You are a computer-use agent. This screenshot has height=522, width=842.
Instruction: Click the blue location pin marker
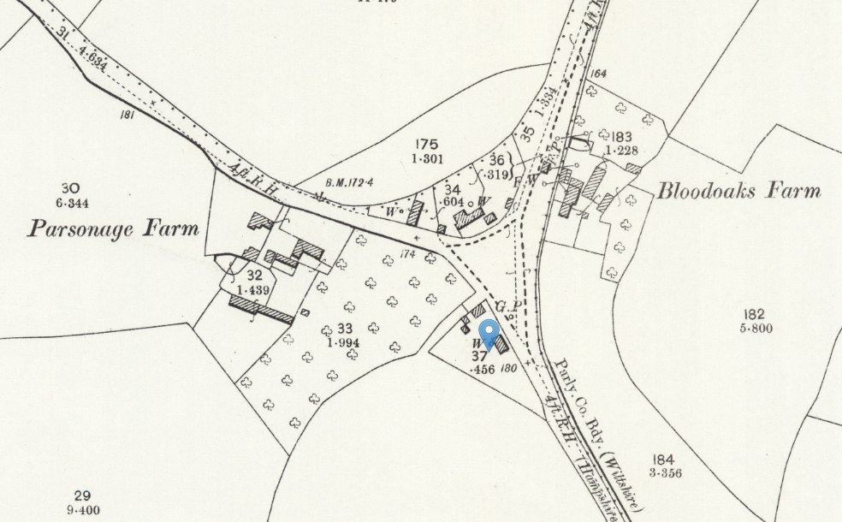(x=489, y=333)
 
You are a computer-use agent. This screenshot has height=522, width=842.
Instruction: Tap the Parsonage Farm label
(x=113, y=228)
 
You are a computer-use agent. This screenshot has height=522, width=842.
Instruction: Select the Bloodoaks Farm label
(x=738, y=191)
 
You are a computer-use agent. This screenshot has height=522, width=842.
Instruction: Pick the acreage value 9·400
(x=81, y=510)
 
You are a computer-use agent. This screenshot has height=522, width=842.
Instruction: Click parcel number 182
(x=754, y=314)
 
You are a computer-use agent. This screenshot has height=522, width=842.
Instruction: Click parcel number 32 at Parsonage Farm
(x=253, y=276)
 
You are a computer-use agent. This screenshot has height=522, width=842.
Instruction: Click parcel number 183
(x=621, y=136)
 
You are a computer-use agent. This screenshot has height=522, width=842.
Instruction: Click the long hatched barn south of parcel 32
(x=261, y=307)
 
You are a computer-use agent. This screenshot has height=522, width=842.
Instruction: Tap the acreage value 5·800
(x=754, y=329)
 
